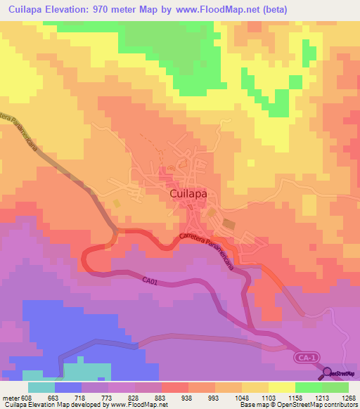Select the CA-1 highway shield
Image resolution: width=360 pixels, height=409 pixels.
coord(304,359)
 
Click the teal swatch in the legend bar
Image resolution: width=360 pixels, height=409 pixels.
coord(41,387)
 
